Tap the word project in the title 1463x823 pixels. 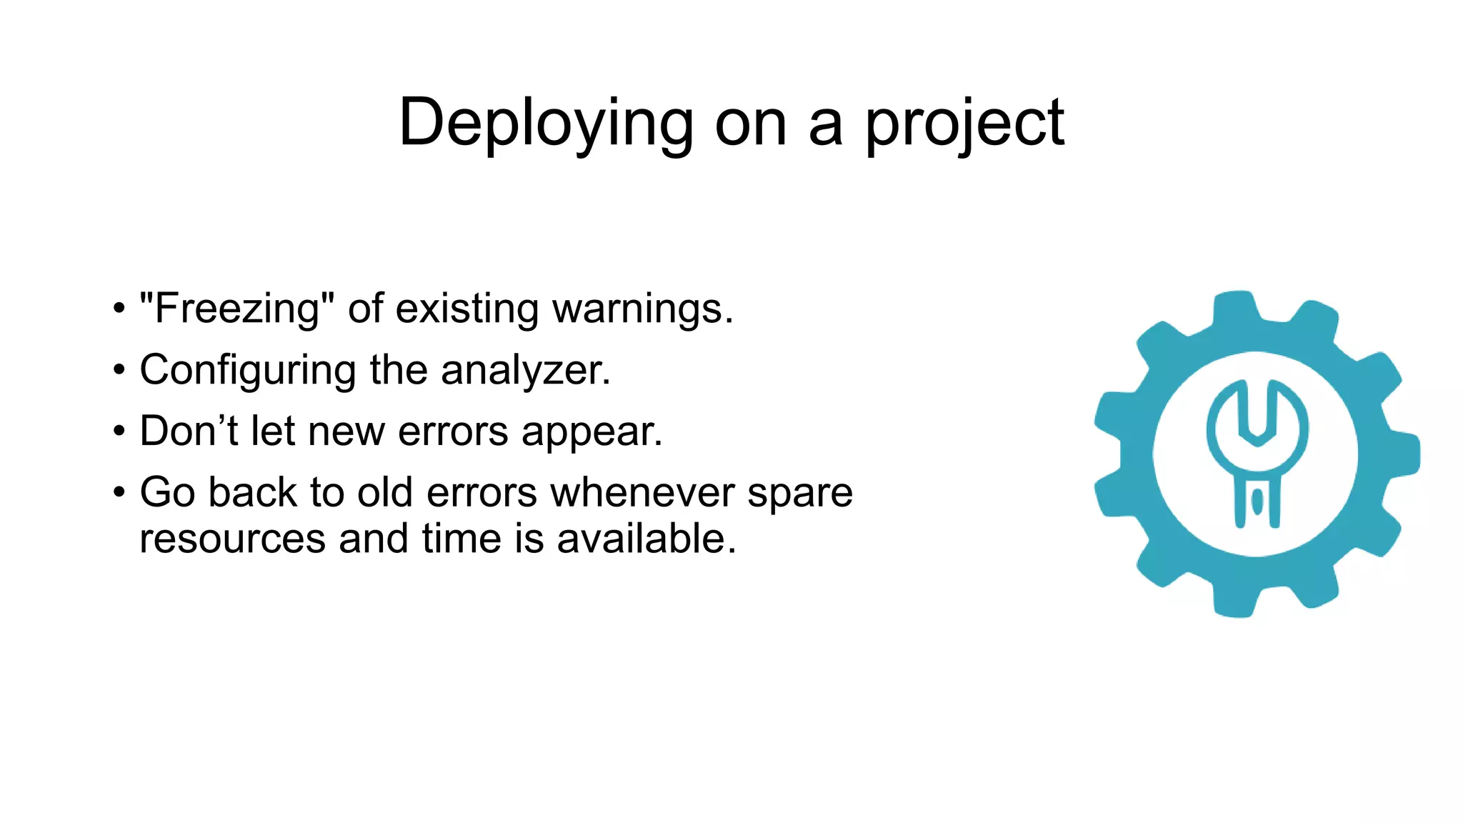(964, 124)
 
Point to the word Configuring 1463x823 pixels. (248, 371)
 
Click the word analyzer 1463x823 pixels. (526, 371)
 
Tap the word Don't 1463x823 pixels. (189, 431)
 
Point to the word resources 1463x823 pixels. (232, 539)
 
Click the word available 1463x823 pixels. (646, 538)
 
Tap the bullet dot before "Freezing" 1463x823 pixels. (119, 309)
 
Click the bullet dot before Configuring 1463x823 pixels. (119, 370)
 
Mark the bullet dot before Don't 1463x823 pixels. (119, 431)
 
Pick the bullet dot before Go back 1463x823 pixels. (119, 492)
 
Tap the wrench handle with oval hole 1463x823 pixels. (1257, 500)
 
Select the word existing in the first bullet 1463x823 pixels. (467, 309)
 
